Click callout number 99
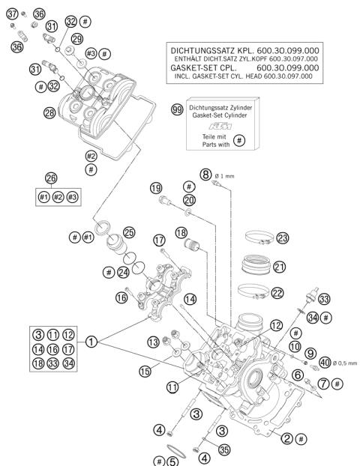(177, 109)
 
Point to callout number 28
(50, 112)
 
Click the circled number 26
(51, 178)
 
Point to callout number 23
(282, 237)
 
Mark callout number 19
(155, 187)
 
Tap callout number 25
(128, 233)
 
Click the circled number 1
(91, 342)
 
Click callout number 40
(324, 363)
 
